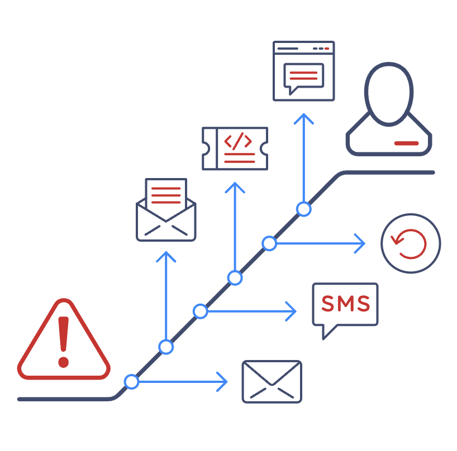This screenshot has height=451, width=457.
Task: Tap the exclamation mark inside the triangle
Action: (63, 341)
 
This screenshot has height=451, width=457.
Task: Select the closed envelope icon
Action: (272, 381)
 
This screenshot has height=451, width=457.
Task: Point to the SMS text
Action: (345, 304)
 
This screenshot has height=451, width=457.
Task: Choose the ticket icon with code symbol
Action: (234, 148)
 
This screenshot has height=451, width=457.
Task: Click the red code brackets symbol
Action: (239, 141)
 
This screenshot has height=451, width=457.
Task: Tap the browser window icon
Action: (303, 71)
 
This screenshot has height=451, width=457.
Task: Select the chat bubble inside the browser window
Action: (303, 76)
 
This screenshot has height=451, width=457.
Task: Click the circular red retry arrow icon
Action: (411, 243)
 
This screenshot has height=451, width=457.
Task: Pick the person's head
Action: (389, 94)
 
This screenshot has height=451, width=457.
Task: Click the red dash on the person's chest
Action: (406, 143)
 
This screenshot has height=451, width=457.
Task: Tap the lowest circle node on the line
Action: (131, 382)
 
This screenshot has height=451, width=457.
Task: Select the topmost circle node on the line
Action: (303, 209)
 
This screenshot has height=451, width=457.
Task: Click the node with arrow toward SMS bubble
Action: (201, 311)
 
